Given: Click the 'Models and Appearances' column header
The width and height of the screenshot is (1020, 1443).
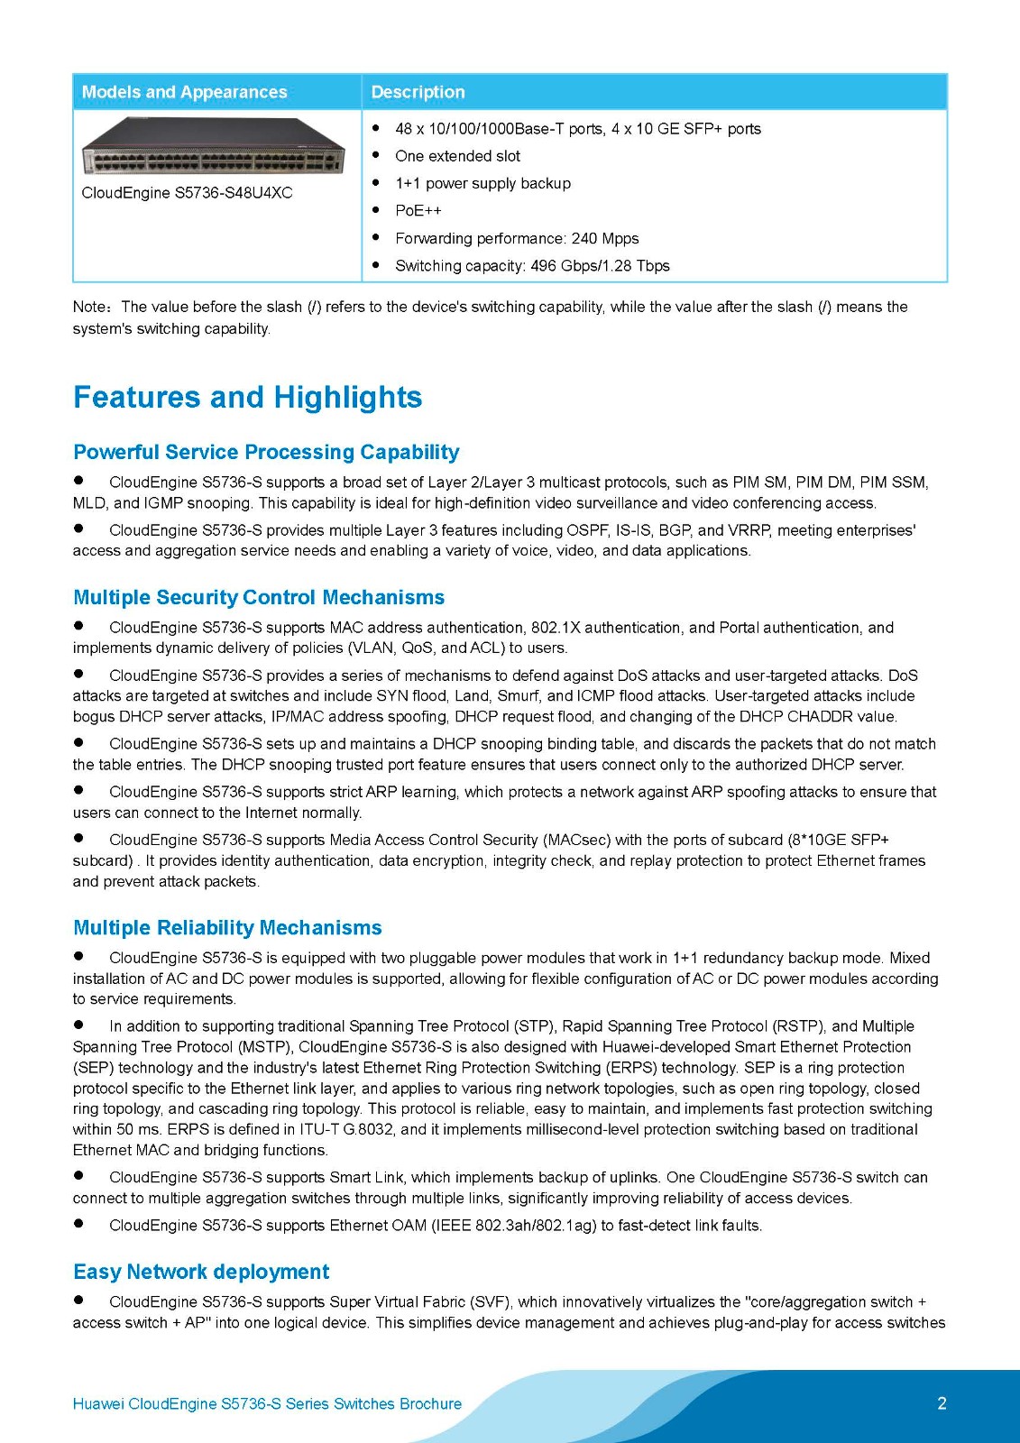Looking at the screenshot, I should tap(184, 92).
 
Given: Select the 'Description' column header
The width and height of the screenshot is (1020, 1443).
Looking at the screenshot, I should tap(418, 92).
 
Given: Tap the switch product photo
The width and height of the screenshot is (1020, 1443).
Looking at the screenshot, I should tap(213, 147).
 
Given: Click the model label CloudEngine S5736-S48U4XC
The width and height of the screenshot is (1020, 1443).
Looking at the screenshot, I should tap(187, 193).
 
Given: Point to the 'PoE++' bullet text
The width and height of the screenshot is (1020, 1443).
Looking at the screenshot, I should tap(418, 211).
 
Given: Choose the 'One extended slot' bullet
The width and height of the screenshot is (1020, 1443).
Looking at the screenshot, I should tap(457, 156).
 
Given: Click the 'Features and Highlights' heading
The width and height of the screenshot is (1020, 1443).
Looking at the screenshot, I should tap(247, 398).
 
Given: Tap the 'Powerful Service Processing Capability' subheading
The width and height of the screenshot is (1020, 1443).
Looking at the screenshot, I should tap(266, 452).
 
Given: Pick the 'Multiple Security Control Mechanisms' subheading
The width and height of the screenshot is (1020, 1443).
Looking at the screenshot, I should tap(259, 597).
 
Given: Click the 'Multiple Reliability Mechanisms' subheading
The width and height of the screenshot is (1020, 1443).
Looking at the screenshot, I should tap(227, 928).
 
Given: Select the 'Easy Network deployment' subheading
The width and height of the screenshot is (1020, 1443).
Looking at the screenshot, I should tap(201, 1272).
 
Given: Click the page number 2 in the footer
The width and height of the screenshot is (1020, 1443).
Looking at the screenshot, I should tap(942, 1403).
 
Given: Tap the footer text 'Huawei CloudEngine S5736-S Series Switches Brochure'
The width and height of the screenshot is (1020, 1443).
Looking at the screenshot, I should tap(267, 1404).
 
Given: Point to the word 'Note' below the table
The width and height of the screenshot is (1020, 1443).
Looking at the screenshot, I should tap(89, 308).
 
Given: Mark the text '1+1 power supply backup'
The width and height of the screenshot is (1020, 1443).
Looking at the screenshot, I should tap(482, 184).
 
